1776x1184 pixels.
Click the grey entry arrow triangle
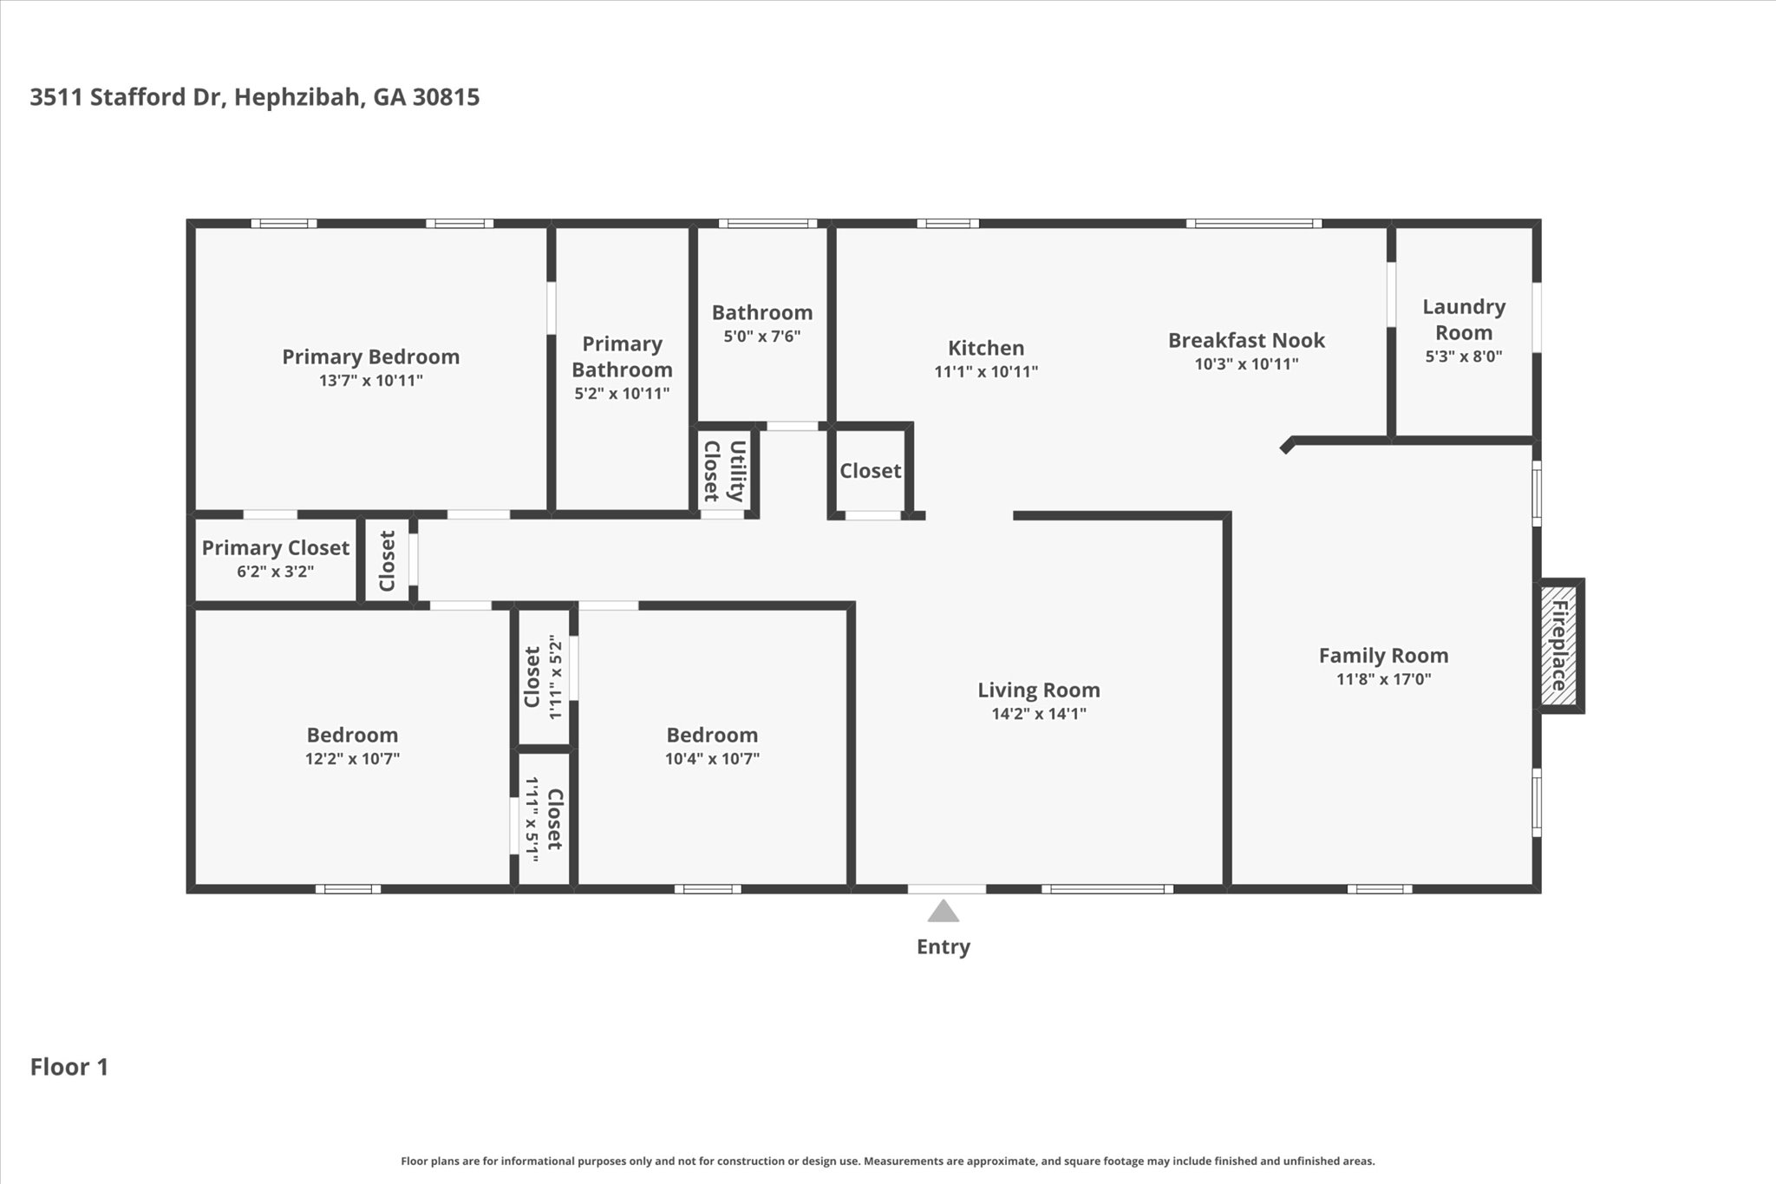(943, 911)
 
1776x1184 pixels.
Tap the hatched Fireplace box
(1558, 645)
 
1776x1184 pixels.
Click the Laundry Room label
(1464, 319)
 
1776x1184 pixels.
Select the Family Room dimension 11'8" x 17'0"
(1384, 679)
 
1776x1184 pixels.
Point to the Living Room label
(1039, 690)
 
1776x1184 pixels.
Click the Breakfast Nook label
(1246, 340)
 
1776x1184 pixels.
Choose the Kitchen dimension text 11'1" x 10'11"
(986, 371)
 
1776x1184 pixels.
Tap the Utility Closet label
(724, 471)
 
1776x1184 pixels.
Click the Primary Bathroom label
(622, 357)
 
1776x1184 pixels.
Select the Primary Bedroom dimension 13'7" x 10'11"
(371, 380)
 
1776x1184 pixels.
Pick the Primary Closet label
(276, 547)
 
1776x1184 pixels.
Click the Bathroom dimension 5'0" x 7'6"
(762, 336)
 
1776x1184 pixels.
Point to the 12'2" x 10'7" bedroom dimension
(352, 758)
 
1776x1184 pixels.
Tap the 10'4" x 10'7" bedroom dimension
(712, 758)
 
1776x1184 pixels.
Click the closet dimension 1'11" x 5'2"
(556, 677)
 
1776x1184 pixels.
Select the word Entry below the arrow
(943, 946)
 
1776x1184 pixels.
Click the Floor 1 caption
(69, 1067)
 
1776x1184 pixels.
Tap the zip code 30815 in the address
(446, 96)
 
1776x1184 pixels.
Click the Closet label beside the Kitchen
(871, 470)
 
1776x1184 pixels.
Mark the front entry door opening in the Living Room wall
(947, 889)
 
